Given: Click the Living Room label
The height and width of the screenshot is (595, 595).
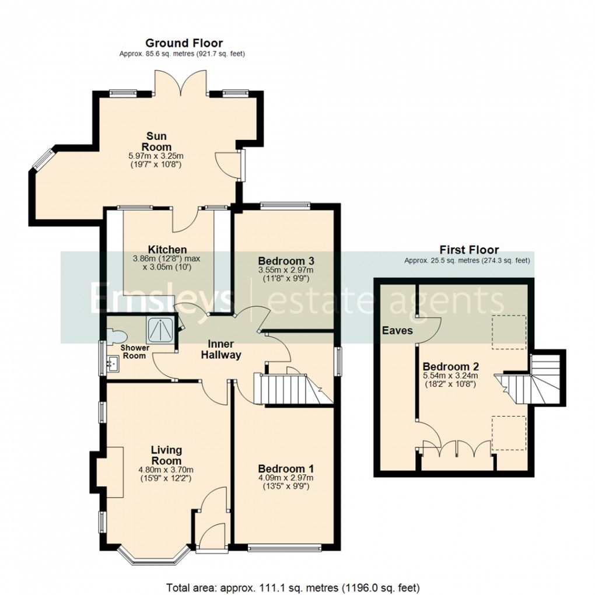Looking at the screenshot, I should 166,455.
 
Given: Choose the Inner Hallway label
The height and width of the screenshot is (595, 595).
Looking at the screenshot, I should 221,349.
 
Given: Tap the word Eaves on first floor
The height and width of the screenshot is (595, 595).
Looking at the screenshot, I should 397,330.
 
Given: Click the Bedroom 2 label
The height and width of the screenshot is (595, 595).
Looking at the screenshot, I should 451,367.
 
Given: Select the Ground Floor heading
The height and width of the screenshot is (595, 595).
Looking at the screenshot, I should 184,43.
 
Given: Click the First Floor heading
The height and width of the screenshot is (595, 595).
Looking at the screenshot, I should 469,250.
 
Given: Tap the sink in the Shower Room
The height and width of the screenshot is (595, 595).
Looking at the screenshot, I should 113,364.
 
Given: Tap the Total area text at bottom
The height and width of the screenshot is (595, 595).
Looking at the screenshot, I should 293,586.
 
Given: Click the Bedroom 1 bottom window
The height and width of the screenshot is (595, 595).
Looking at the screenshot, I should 284,548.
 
